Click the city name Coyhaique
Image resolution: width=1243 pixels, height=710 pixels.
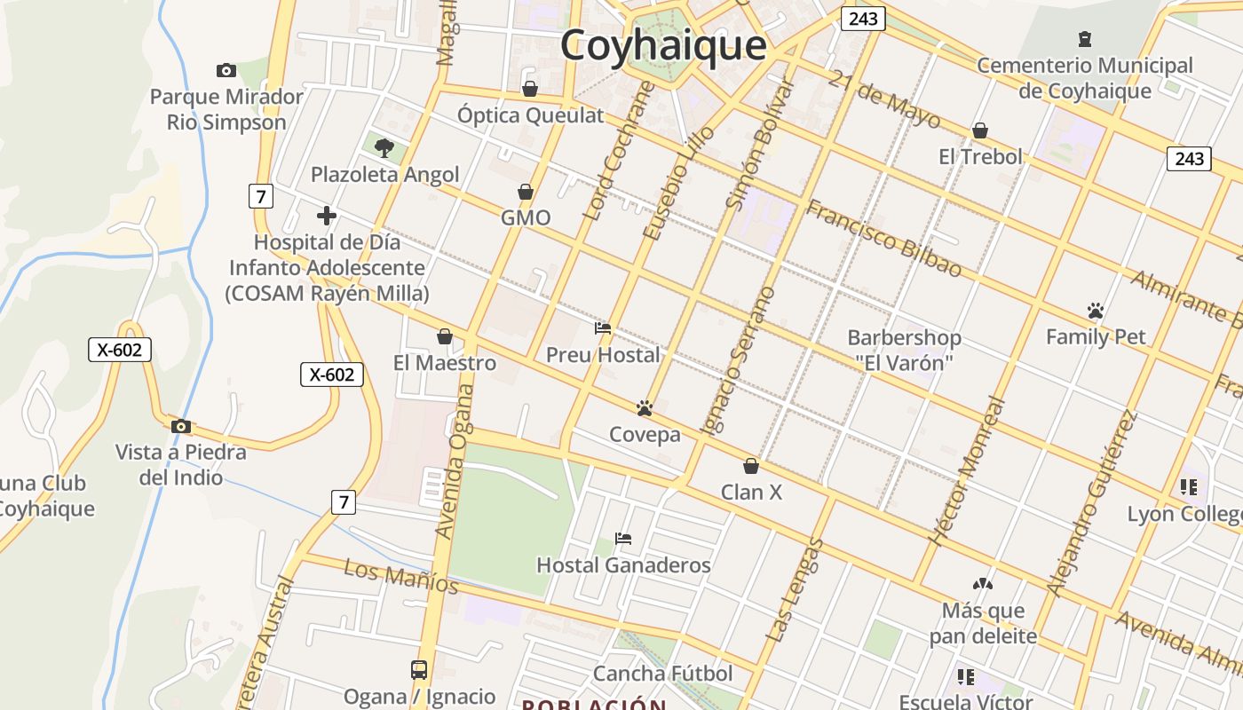662,45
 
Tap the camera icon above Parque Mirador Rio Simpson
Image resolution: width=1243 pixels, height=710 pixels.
226,70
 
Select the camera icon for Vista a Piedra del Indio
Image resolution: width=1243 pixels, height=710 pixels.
181,426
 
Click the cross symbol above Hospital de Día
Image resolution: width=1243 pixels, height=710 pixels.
327,215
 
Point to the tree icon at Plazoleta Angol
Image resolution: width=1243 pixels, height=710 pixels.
384,147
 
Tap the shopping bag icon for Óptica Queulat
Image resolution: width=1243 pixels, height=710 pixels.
530,89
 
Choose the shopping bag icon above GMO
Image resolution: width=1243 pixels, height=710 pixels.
526,192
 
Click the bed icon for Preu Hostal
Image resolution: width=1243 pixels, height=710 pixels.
603,328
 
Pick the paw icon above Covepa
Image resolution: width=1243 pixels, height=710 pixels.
645,408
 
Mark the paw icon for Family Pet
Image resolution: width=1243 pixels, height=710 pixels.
1095,311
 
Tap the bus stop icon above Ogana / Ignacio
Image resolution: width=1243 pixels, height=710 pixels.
419,670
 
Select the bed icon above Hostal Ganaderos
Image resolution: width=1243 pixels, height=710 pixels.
623,539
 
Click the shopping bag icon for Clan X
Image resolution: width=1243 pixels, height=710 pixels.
751,466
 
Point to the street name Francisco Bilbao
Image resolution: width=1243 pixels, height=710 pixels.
883,238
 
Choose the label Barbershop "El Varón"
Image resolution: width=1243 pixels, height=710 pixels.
904,350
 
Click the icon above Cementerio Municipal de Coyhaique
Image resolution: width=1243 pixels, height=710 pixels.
1084,38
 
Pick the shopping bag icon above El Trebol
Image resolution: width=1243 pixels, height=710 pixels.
980,130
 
